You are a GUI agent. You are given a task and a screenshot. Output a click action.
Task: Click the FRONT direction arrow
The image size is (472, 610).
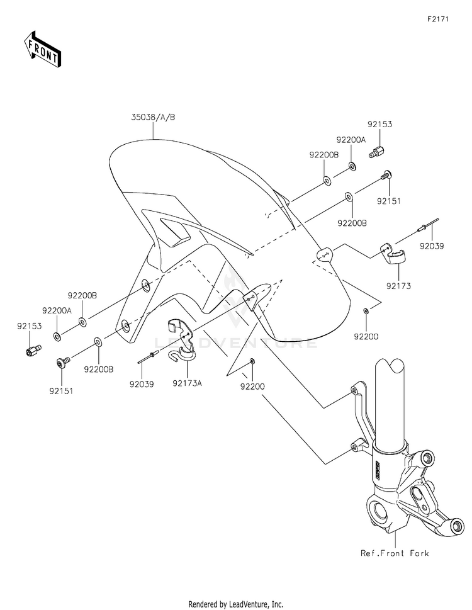pos(42,48)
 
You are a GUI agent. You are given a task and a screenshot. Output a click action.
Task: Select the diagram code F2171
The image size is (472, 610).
pos(438,19)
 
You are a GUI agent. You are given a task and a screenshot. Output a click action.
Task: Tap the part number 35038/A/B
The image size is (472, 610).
pos(153,117)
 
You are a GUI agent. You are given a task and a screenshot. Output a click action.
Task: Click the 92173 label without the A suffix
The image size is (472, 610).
pos(398,286)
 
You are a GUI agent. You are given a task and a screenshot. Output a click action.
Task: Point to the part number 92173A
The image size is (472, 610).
pos(188,383)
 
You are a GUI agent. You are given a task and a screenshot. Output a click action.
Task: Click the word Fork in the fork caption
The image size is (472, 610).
pos(419,553)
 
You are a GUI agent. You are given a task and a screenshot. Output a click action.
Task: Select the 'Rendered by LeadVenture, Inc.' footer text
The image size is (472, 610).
pos(236,604)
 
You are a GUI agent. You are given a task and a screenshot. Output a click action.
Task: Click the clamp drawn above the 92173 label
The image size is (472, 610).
pos(392,253)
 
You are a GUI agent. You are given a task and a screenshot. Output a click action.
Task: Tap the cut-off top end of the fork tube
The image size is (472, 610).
pos(390,364)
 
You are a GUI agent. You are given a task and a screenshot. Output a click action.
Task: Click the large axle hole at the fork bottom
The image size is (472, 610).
pos(380,514)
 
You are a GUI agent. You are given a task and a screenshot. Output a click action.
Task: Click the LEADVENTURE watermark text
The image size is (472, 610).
pos(236,343)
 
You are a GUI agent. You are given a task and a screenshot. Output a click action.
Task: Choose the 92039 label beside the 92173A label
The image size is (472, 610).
pos(142,385)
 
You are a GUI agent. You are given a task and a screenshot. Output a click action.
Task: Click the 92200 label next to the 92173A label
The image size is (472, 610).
pos(252,387)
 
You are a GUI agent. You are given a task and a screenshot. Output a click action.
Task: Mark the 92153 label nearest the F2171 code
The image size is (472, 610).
pos(380,125)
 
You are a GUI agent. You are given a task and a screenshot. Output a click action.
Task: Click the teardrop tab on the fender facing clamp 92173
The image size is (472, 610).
pos(324,255)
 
